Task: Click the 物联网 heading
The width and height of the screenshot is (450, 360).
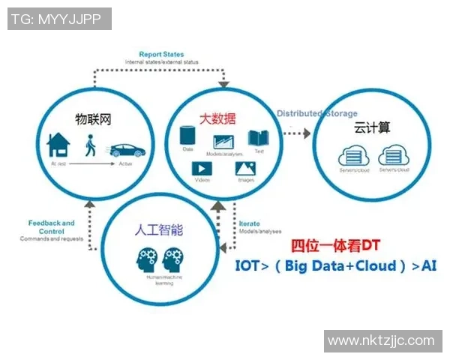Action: [92, 118]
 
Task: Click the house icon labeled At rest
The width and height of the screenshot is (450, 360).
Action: [58, 144]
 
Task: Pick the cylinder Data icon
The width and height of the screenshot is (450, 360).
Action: [188, 136]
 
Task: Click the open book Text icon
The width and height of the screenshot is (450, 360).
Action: [259, 138]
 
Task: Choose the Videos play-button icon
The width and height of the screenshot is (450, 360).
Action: [202, 169]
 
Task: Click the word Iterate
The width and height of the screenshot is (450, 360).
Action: [249, 224]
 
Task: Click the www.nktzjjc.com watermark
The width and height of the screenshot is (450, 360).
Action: [381, 340]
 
